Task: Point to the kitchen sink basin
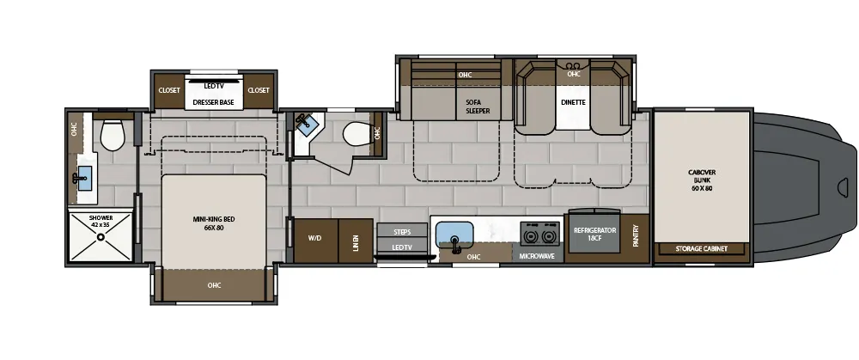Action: pos(455,234)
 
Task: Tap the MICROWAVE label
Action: pos(539,256)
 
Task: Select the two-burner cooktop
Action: pos(539,235)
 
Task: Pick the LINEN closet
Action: pos(355,241)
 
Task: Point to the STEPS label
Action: pos(402,232)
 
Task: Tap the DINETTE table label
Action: pos(573,102)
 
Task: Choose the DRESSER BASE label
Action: pos(214,102)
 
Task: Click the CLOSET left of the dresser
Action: pos(168,90)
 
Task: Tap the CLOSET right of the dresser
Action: pos(259,90)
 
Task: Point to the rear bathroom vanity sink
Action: pos(82,180)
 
